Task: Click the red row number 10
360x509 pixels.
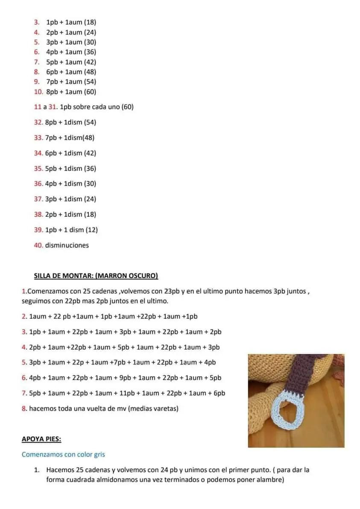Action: [x=38, y=91]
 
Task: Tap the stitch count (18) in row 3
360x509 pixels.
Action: [x=90, y=22]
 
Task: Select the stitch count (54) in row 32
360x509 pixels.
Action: [x=90, y=122]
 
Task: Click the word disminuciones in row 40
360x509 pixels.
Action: [x=67, y=245]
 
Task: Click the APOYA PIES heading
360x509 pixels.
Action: [x=41, y=439]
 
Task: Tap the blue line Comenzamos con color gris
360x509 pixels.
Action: [x=63, y=454]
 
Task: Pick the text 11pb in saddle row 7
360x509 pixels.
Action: [x=123, y=393]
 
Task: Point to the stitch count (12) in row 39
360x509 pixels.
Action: [x=91, y=230]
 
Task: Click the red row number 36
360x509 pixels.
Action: [x=38, y=184]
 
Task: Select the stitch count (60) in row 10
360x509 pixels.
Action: [x=90, y=91]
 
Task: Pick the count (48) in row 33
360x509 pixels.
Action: [x=87, y=138]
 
